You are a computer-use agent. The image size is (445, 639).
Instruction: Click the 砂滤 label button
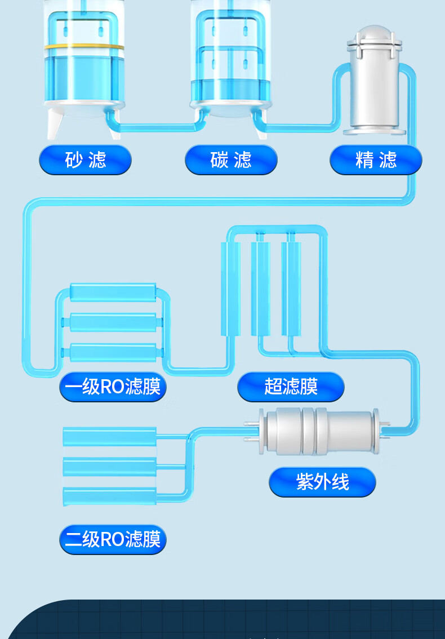[85, 160]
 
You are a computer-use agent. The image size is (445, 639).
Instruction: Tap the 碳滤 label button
[231, 160]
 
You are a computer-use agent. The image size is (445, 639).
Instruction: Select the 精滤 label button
[376, 160]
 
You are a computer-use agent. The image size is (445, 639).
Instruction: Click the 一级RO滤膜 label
[113, 387]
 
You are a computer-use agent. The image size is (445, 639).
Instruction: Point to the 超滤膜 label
[291, 387]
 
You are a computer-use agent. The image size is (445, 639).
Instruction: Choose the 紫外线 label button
[322, 482]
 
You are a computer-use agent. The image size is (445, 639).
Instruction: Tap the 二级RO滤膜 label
[113, 539]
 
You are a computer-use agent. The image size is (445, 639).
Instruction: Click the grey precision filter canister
[374, 90]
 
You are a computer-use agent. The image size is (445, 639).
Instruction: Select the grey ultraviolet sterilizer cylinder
[319, 432]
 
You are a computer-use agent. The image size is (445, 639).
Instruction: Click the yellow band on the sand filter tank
[84, 47]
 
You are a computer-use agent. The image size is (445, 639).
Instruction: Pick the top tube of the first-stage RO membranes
[113, 292]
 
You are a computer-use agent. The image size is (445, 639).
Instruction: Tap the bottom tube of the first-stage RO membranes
[113, 353]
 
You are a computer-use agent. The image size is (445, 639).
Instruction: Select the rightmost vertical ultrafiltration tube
[291, 289]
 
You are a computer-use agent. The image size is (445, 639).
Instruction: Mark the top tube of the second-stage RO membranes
[109, 436]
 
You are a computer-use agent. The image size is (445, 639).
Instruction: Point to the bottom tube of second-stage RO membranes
[109, 496]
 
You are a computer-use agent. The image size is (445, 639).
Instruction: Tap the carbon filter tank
[231, 62]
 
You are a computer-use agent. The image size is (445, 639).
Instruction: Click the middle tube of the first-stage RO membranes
[113, 322]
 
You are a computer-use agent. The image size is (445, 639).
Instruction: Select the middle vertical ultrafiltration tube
[260, 289]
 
